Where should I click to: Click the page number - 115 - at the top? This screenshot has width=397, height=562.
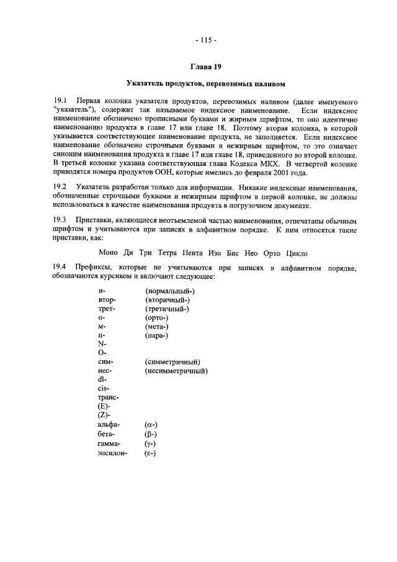tap(205, 41)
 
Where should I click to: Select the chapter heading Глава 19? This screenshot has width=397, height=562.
tap(205, 66)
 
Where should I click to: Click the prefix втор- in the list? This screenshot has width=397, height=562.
tap(107, 300)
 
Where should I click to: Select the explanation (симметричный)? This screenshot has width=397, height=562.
tap(172, 361)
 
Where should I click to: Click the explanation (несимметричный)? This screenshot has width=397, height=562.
tap(176, 371)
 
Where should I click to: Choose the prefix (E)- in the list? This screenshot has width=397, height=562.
tap(105, 407)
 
